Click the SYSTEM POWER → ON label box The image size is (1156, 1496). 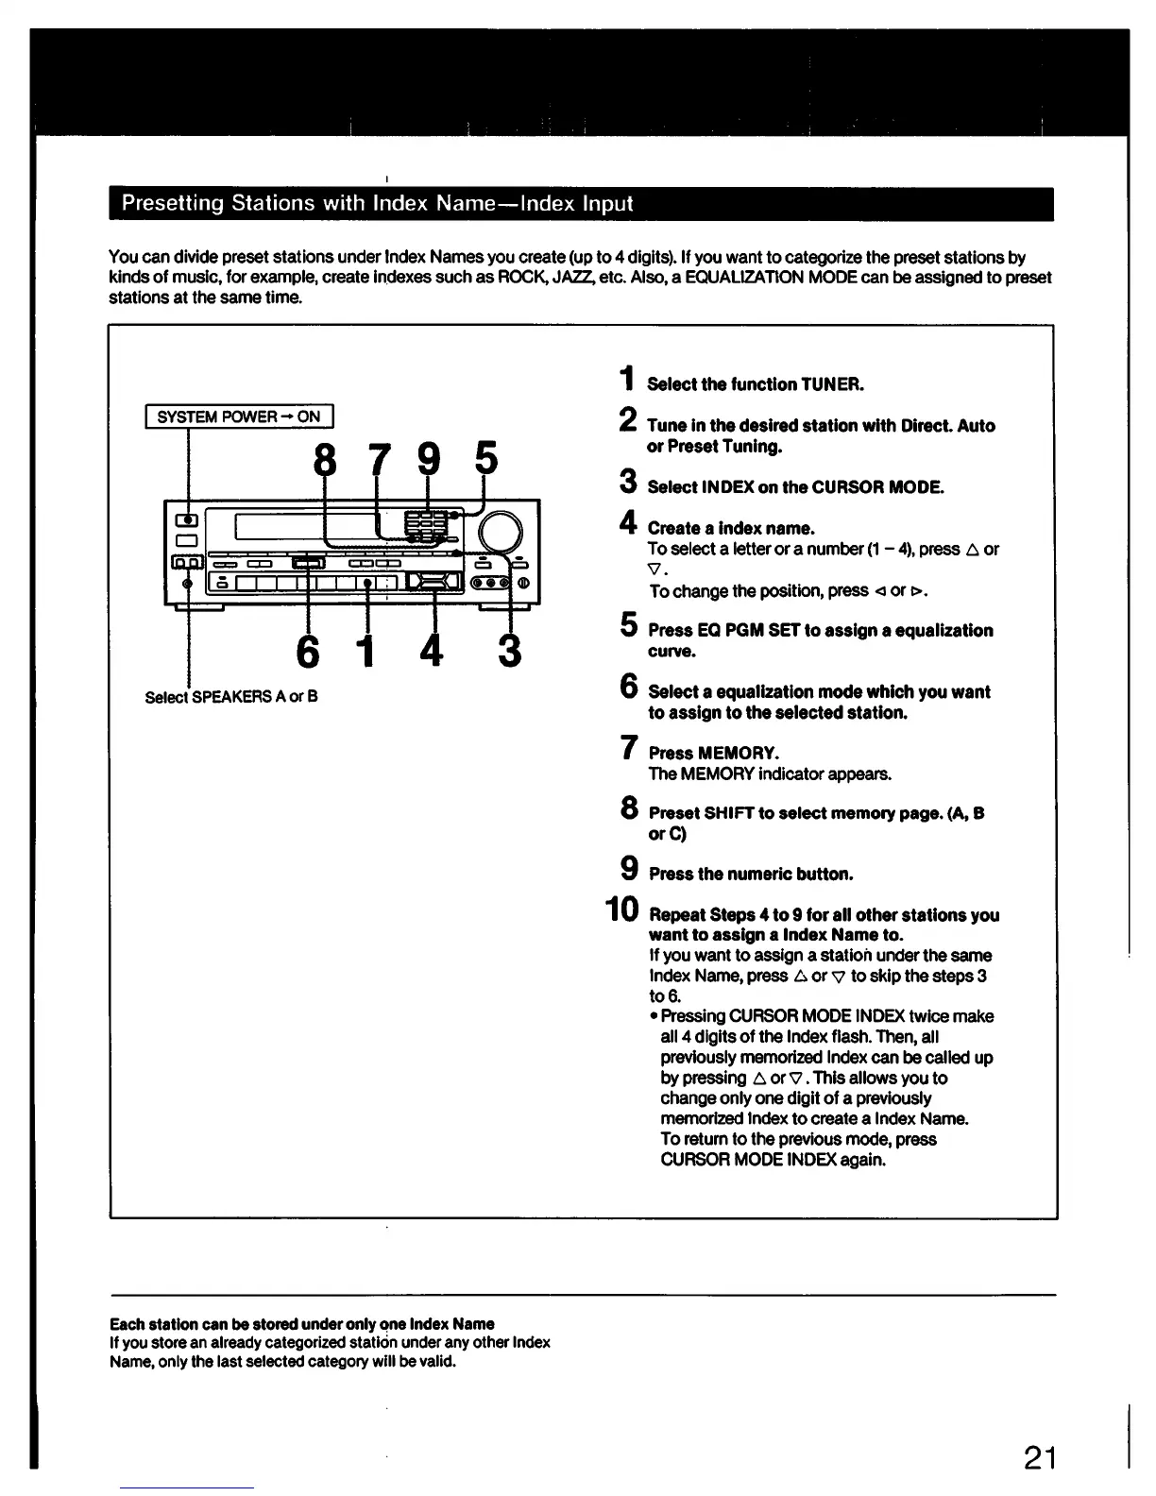point(239,416)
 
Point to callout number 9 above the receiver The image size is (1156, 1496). point(429,461)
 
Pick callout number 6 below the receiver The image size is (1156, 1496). point(308,652)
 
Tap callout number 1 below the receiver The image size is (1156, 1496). point(367,652)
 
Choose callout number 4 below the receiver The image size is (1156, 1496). point(432,652)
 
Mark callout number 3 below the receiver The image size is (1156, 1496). point(509,652)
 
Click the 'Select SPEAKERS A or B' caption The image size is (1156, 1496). point(231,697)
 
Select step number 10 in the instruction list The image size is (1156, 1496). point(621,910)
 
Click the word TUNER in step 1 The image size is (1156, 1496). point(832,384)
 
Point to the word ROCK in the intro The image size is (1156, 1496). point(518,278)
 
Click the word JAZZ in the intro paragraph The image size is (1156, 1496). point(563,278)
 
